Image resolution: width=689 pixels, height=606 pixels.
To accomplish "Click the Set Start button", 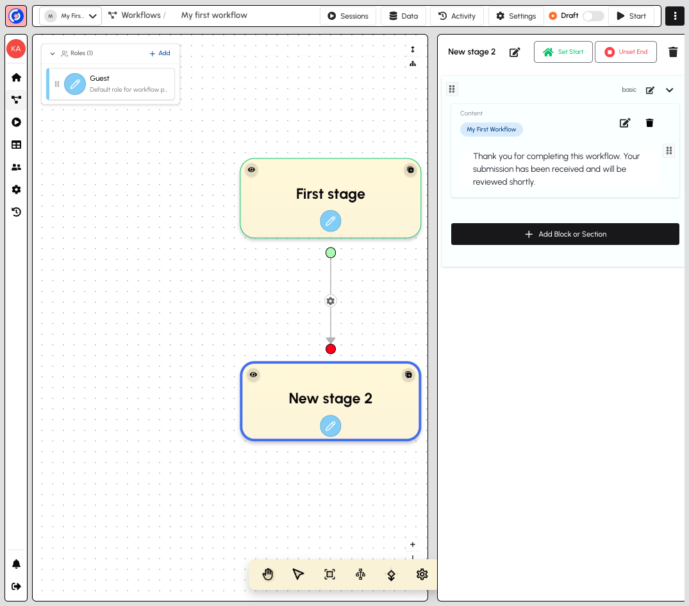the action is (563, 52).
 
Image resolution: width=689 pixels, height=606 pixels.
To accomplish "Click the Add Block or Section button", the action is (565, 234).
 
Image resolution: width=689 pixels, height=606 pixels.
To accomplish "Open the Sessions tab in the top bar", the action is (348, 16).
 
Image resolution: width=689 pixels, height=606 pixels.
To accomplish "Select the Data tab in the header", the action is (403, 16).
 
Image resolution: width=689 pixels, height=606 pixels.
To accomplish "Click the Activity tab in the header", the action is (457, 16).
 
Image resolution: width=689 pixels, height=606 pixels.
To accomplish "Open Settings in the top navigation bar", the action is (516, 16).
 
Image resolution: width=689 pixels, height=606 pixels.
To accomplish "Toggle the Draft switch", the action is (594, 16).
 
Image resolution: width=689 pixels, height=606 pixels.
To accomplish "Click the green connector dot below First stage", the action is (331, 253).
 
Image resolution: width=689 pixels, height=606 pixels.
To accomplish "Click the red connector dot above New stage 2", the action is (331, 349).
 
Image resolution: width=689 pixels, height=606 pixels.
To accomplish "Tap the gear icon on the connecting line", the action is (331, 301).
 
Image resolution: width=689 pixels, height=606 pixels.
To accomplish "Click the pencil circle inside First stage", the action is (331, 221).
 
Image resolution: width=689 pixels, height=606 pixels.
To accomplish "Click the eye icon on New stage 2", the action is (254, 375).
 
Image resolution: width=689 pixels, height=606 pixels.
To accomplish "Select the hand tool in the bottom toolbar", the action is (268, 575).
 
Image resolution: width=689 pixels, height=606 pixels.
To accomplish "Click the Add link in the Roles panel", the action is (160, 53).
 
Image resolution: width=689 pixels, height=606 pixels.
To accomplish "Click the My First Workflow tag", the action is (491, 130).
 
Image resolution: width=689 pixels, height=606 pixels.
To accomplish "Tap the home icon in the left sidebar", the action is (16, 78).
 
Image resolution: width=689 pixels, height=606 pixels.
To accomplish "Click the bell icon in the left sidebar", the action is (16, 564).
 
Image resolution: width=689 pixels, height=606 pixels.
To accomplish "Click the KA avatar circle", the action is (16, 49).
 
